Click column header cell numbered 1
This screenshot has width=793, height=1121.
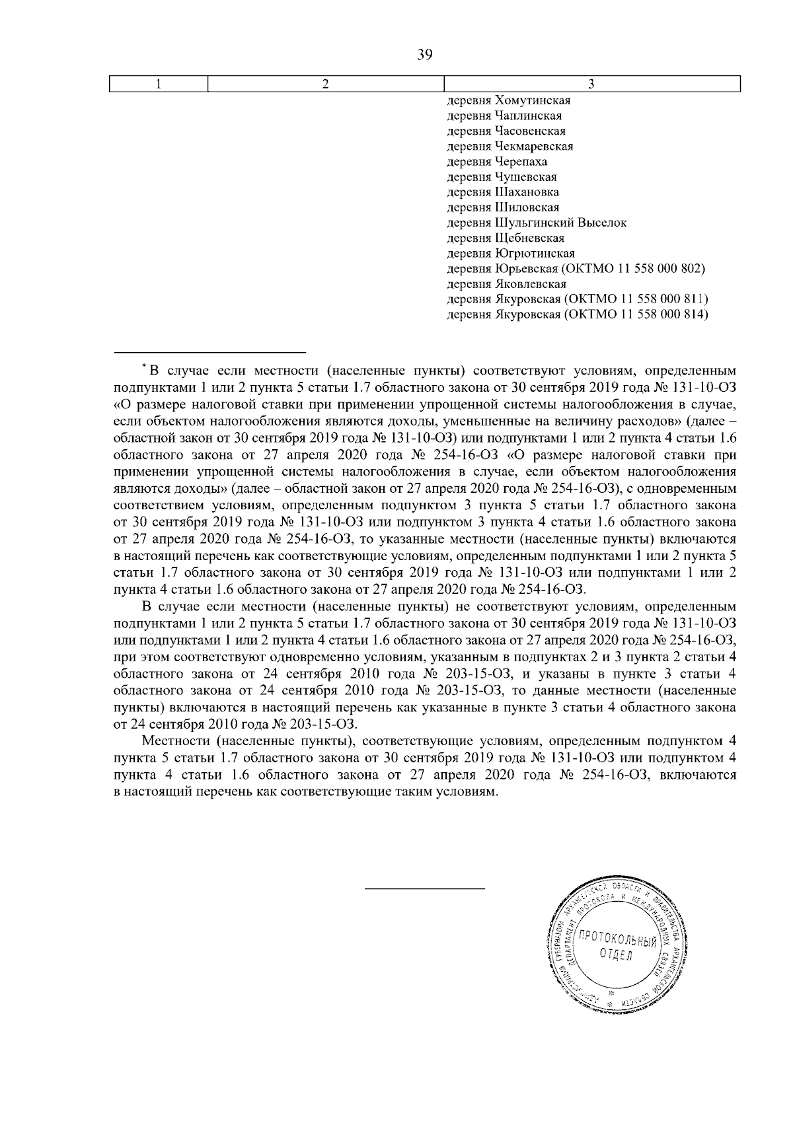tap(158, 84)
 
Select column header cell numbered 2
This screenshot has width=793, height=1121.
tap(325, 84)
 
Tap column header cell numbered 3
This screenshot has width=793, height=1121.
tap(591, 84)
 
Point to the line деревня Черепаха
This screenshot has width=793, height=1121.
tap(497, 162)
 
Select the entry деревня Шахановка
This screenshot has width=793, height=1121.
tap(503, 192)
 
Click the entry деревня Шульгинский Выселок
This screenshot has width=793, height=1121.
tap(537, 223)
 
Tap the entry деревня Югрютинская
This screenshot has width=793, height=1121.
tap(511, 254)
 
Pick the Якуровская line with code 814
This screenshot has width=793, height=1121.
tap(577, 315)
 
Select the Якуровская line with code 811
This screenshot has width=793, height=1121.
tap(577, 300)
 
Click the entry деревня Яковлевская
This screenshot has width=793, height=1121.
tap(506, 284)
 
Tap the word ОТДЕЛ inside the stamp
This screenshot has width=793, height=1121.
tap(615, 955)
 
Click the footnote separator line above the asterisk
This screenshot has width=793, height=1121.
tap(209, 351)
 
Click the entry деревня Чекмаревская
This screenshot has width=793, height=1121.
tap(510, 147)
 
